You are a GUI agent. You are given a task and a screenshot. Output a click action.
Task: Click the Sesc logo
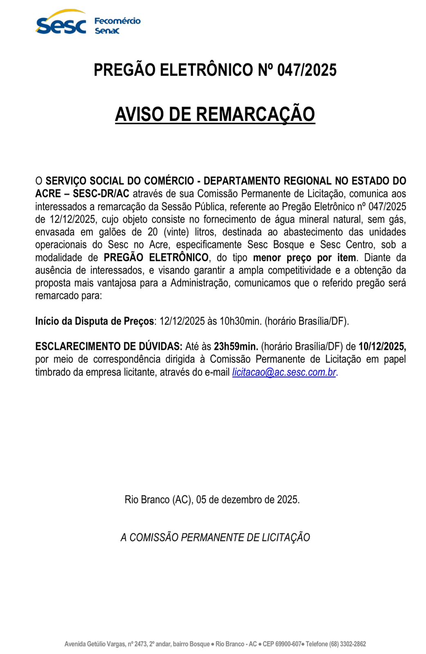tap(61, 24)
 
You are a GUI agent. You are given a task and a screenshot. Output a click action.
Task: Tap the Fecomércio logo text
tap(117, 21)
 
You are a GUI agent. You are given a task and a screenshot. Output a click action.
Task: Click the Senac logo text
tap(107, 31)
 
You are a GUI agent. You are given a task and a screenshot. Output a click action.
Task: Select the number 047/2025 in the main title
tap(307, 70)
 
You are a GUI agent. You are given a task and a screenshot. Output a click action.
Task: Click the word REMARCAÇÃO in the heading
tap(256, 114)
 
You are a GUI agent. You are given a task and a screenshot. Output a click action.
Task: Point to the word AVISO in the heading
tap(139, 114)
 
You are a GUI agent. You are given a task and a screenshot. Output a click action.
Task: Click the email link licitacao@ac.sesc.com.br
tap(284, 372)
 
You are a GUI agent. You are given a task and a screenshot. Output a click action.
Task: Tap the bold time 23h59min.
tap(236, 347)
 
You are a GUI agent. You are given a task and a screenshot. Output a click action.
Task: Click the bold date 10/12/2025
tap(382, 347)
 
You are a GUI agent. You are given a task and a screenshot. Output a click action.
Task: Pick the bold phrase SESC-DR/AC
tap(101, 193)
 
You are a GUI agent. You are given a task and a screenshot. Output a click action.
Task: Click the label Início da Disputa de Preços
tap(94, 321)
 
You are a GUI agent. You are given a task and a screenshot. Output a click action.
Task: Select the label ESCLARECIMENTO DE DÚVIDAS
tap(109, 347)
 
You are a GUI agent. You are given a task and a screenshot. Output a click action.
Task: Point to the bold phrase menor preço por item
tap(305, 258)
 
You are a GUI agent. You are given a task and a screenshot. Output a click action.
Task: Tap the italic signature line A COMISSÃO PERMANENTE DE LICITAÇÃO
tap(215, 537)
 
